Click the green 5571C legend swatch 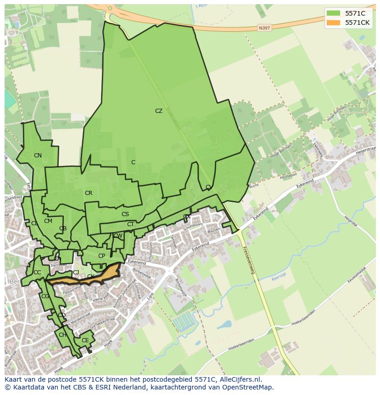click(x=334, y=13)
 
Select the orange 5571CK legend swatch click(x=334, y=22)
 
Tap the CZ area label click(x=159, y=111)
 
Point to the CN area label click(x=38, y=156)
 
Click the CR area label click(x=89, y=193)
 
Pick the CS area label click(x=125, y=214)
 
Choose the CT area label click(x=130, y=224)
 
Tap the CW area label click(x=118, y=236)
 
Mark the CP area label click(x=101, y=256)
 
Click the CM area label click(x=48, y=221)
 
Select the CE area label click(x=85, y=340)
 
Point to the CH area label click(x=62, y=335)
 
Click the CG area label click(x=45, y=296)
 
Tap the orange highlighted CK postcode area click(x=103, y=275)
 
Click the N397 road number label click(x=264, y=28)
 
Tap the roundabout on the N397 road click(x=109, y=8)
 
